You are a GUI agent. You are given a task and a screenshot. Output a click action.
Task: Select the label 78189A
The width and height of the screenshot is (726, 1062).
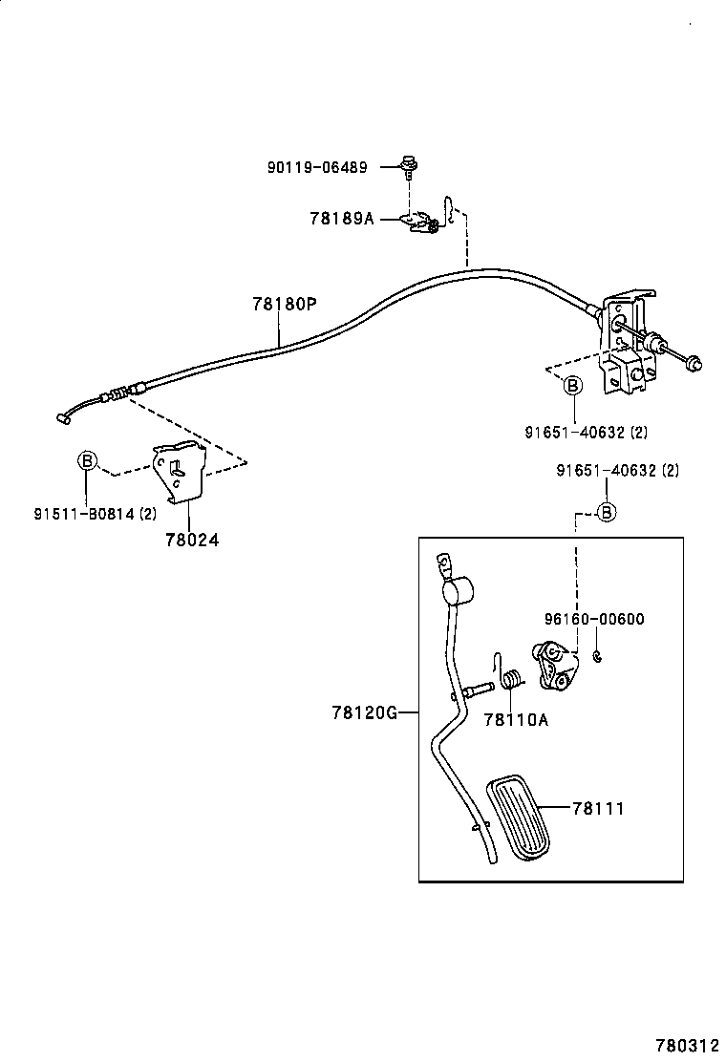pos(341,218)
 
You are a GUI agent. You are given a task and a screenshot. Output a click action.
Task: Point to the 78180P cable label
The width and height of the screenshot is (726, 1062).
pos(284,305)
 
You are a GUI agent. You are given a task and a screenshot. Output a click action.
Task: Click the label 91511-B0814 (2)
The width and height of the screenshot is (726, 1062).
pos(95,514)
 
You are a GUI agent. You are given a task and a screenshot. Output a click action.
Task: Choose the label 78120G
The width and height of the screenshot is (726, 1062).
pos(364,712)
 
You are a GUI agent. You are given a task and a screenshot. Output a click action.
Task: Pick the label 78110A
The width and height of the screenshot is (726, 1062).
pos(516,720)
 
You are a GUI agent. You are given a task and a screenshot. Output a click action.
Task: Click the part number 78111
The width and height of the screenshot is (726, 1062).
pos(597,808)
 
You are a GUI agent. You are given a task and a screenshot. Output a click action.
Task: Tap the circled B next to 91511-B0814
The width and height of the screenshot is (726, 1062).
pos(87,461)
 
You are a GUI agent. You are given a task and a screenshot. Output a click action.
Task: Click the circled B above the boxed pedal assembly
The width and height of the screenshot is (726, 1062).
pos(606,512)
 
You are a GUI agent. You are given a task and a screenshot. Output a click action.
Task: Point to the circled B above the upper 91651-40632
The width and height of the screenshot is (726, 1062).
pos(571,386)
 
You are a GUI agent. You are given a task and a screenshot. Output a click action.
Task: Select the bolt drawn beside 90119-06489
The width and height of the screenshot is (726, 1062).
pos(411,168)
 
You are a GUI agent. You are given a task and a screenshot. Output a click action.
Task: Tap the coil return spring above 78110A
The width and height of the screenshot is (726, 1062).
pos(511,680)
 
